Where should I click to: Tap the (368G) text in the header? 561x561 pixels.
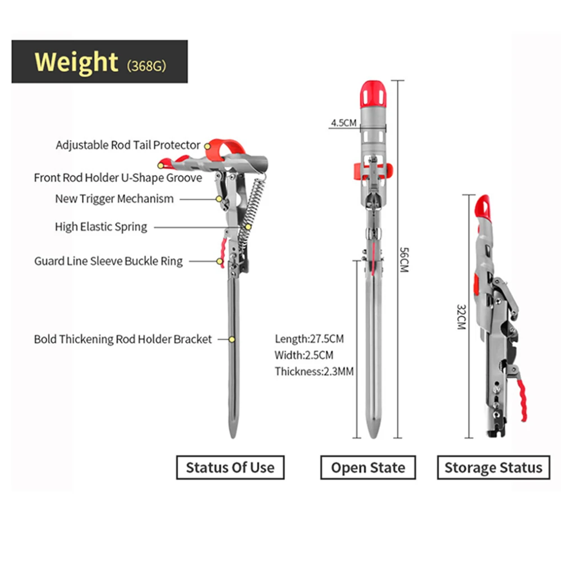pyautogui.click(x=146, y=66)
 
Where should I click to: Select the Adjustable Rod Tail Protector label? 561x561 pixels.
pyautogui.click(x=128, y=145)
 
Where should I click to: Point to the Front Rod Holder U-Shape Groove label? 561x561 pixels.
pyautogui.click(x=118, y=177)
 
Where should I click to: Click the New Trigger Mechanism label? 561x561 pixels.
pyautogui.click(x=114, y=199)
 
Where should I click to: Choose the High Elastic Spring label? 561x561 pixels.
pyautogui.click(x=101, y=227)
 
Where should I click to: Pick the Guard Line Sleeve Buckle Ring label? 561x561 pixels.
pyautogui.click(x=108, y=261)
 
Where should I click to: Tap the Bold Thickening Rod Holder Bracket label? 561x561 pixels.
pyautogui.click(x=123, y=339)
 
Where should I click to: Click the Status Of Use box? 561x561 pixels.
pyautogui.click(x=230, y=467)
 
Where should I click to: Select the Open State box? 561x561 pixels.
pyautogui.click(x=368, y=467)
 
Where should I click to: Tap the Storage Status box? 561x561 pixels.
pyautogui.click(x=493, y=467)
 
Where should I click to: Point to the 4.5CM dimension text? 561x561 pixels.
pyautogui.click(x=344, y=123)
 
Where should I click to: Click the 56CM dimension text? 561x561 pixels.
pyautogui.click(x=404, y=260)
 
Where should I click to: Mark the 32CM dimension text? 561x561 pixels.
pyautogui.click(x=461, y=317)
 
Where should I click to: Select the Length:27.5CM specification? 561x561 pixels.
pyautogui.click(x=309, y=339)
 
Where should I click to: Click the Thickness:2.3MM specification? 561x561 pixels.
pyautogui.click(x=314, y=371)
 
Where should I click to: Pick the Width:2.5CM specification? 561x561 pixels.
pyautogui.click(x=304, y=355)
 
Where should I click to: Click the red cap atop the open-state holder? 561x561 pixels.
pyautogui.click(x=373, y=94)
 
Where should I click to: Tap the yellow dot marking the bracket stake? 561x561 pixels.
pyautogui.click(x=232, y=339)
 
